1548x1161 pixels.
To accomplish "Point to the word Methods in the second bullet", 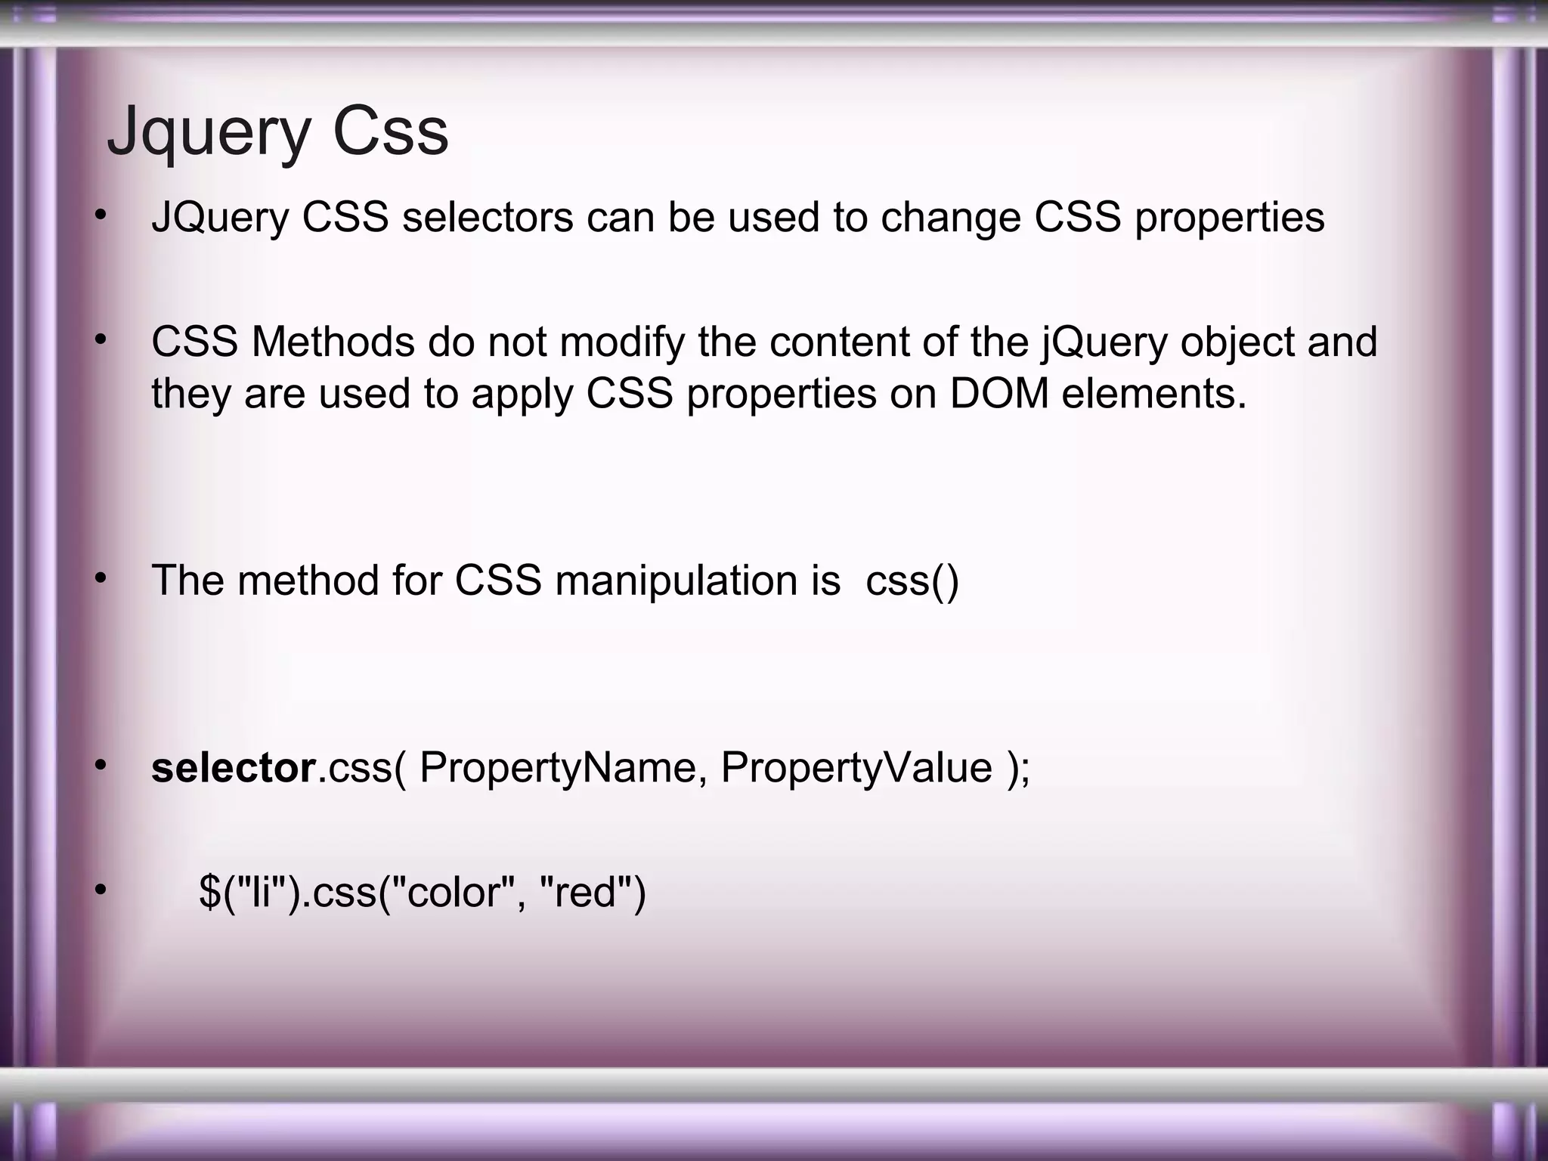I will [333, 342].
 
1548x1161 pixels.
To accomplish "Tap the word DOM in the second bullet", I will [999, 394].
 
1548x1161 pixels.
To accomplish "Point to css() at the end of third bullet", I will [912, 581].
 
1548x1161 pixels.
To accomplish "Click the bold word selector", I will [233, 768].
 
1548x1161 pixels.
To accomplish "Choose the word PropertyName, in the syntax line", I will [563, 768].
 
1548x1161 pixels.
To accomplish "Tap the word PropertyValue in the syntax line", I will [856, 768].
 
